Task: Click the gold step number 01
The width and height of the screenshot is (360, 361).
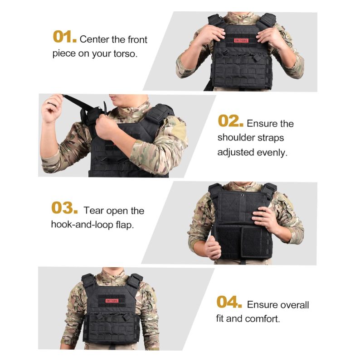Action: pyautogui.click(x=64, y=37)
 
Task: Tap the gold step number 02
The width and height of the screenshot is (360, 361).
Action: pyautogui.click(x=230, y=121)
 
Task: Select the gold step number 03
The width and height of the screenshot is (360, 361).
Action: pyautogui.click(x=64, y=207)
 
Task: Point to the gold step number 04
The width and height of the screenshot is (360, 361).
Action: pyautogui.click(x=229, y=302)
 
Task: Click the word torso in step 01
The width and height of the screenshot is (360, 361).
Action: pyautogui.click(x=126, y=54)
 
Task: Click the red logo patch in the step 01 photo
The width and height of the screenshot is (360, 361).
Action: pyautogui.click(x=241, y=40)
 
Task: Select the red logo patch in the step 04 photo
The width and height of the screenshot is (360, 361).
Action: pyautogui.click(x=112, y=301)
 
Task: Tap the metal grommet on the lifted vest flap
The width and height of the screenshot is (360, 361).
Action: pyautogui.click(x=243, y=195)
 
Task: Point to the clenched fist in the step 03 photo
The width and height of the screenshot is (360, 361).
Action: pyautogui.click(x=213, y=248)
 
